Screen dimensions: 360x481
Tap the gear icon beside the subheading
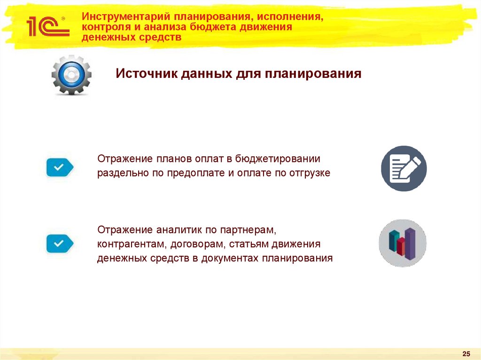(71, 75)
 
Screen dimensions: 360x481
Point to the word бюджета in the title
(217, 27)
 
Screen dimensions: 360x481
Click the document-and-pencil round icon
(403, 169)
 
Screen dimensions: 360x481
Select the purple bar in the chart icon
(411, 243)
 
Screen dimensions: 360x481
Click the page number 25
(466, 353)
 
